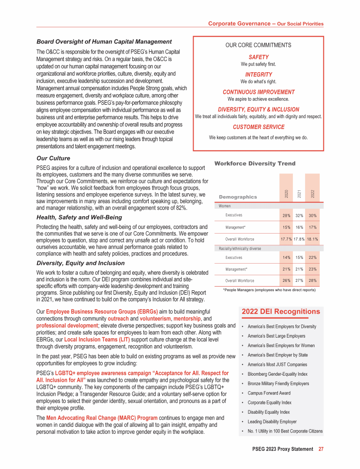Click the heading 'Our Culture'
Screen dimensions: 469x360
[x=53, y=158]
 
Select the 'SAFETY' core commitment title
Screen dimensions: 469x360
[x=258, y=57]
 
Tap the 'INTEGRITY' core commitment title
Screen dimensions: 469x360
[x=258, y=75]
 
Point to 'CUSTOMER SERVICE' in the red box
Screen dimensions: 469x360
[x=258, y=127]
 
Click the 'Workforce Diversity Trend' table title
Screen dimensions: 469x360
[x=255, y=163]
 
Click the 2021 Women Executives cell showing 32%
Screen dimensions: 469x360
[x=299, y=215]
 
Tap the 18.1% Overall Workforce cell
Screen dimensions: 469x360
[x=313, y=239]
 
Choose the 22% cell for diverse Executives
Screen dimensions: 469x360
[x=313, y=257]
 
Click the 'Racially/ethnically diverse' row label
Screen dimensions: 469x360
[x=240, y=248]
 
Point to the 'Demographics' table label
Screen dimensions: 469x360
[x=238, y=197]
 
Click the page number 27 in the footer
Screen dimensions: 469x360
[x=321, y=449]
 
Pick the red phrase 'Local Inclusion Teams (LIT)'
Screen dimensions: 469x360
[x=90, y=339]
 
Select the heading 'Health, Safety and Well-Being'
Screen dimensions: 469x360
[x=79, y=217]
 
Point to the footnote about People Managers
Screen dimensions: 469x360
[x=269, y=290]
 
